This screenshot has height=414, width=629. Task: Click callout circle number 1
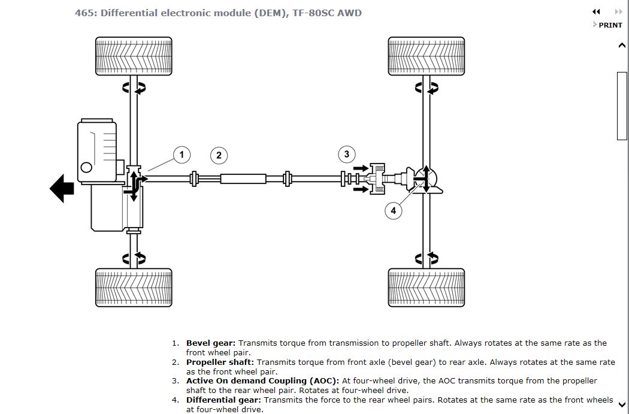tap(182, 155)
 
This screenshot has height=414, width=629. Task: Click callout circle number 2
tap(219, 156)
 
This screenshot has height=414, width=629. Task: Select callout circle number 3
tap(346, 155)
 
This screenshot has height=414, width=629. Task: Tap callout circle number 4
tap(393, 210)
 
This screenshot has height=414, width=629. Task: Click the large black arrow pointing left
tap(62, 189)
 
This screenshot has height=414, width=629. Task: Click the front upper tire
tap(134, 56)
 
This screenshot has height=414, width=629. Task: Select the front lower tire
tap(134, 288)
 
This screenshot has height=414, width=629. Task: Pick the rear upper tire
tap(426, 56)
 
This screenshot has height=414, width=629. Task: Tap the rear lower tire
tap(426, 288)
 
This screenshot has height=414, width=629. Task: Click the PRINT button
tap(610, 25)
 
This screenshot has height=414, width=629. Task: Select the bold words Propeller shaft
tap(220, 362)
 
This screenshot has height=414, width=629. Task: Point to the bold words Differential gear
tap(223, 400)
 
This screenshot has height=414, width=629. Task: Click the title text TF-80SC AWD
tap(327, 13)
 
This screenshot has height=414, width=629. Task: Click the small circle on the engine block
tap(86, 168)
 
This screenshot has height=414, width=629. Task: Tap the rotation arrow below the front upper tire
tap(134, 88)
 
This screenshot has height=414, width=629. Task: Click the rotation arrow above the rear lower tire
tap(427, 259)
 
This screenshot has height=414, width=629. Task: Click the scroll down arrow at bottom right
tap(622, 404)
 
